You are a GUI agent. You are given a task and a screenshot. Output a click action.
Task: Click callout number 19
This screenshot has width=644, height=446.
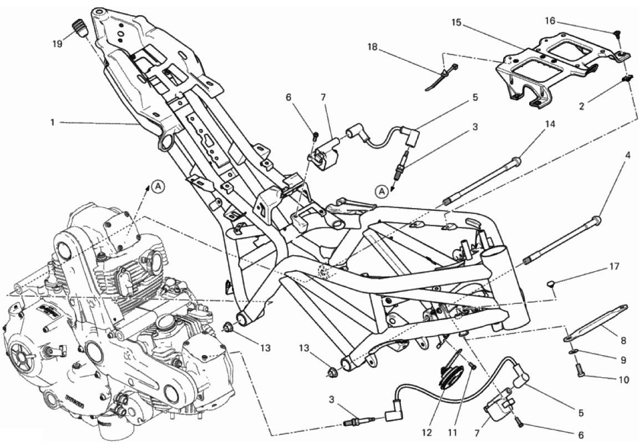click(58, 43)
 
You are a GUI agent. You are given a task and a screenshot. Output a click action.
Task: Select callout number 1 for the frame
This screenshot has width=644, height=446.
click(52, 123)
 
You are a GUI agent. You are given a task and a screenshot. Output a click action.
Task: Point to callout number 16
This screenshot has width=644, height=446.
click(550, 20)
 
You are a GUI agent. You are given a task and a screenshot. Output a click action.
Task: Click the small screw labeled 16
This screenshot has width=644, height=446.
click(617, 36)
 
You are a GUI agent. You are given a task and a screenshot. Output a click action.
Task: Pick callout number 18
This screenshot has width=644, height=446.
click(372, 47)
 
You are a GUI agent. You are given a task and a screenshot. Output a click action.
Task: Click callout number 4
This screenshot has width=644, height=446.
click(628, 156)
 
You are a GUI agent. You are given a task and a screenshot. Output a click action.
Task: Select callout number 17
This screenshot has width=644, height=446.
click(613, 266)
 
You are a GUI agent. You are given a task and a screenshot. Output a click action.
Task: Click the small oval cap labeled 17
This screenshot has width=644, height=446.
click(551, 283)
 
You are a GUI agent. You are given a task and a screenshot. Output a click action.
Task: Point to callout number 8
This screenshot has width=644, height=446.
click(623, 340)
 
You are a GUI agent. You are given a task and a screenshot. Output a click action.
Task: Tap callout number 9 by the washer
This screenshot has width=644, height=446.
click(623, 360)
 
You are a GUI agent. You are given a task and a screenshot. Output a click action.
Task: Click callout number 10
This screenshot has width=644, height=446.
click(623, 380)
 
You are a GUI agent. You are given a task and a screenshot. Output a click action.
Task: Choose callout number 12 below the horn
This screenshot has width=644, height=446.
click(427, 432)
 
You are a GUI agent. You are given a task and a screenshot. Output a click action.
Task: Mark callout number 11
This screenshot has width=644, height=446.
click(452, 432)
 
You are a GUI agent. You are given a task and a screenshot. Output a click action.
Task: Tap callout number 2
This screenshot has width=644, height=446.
click(581, 106)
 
